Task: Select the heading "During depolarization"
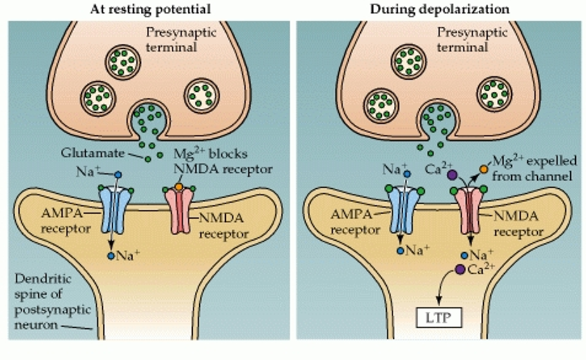point(439,9)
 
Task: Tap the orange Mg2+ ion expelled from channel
point(483,169)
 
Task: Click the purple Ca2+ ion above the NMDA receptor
point(452,174)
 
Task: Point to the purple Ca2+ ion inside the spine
point(459,269)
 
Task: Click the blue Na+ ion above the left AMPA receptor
point(119,174)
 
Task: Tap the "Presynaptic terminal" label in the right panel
point(464,39)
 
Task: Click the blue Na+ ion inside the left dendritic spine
point(111,256)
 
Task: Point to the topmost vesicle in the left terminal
point(122,62)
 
